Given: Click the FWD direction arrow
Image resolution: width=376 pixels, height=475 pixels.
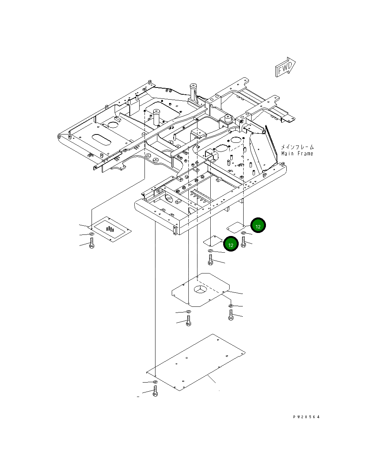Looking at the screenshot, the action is (x=285, y=67).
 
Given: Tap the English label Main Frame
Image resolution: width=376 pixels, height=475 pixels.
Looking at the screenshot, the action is (x=297, y=153).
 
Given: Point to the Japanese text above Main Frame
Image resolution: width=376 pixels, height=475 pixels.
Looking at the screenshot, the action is (x=297, y=147).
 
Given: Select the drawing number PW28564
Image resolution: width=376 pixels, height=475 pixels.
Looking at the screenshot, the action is (x=306, y=417).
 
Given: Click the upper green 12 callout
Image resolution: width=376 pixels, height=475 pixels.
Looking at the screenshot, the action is (x=258, y=225).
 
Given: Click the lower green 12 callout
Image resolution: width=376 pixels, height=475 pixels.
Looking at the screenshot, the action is (x=231, y=244).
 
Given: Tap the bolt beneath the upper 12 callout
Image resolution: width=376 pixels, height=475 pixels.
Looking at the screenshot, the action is (x=243, y=242).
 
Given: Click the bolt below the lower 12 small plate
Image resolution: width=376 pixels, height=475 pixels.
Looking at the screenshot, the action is (x=210, y=259).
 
